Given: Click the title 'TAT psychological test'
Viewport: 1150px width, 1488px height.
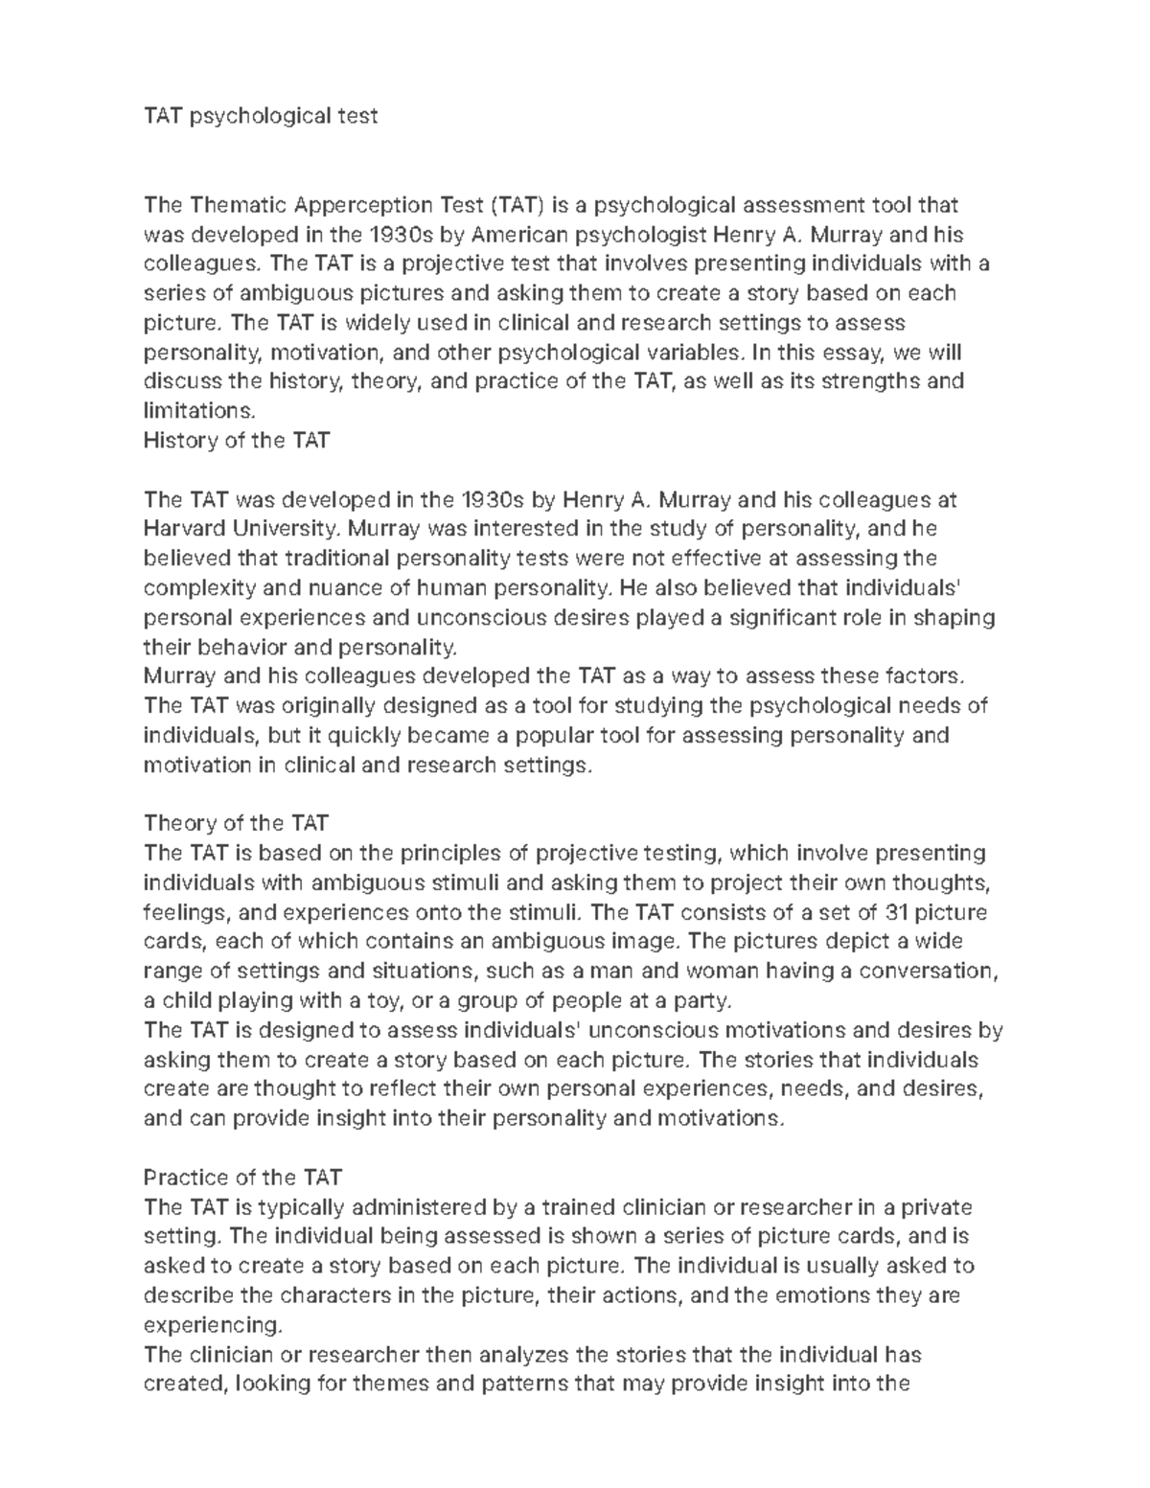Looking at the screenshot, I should [260, 116].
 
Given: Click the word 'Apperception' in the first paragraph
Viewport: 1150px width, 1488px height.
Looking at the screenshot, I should [362, 204].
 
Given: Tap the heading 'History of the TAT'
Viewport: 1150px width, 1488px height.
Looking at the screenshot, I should [236, 440].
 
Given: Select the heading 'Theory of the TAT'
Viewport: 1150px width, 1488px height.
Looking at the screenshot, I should [236, 823].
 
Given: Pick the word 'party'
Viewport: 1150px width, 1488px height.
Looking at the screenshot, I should [703, 1001].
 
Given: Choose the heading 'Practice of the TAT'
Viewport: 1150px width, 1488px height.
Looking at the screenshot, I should [241, 1178].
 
